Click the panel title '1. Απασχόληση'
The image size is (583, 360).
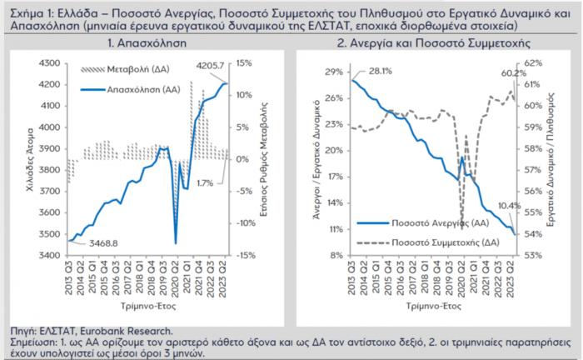tap(147, 42)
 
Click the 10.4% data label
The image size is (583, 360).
tap(508, 206)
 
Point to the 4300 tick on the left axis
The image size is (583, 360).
tap(52, 62)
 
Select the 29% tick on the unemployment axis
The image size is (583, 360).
tap(332, 72)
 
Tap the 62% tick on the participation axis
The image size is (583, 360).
tap(533, 62)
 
